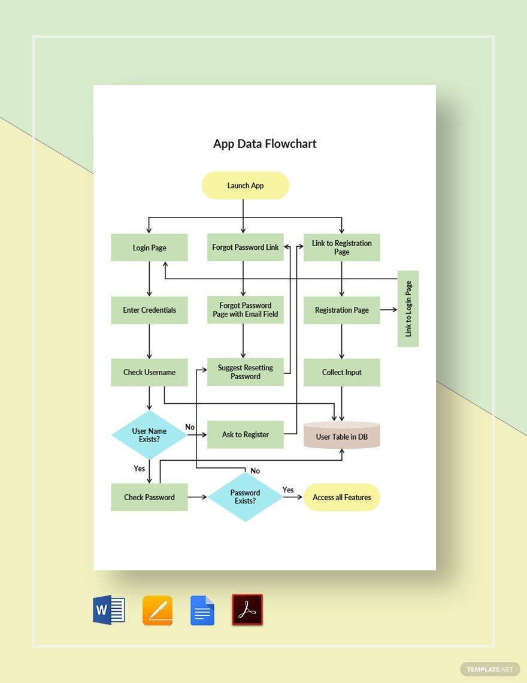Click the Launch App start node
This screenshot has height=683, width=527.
tap(246, 186)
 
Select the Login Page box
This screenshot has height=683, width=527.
tap(149, 248)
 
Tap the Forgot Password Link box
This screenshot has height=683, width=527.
tap(246, 247)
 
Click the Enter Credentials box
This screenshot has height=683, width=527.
tap(149, 310)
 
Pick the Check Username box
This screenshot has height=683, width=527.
tap(149, 372)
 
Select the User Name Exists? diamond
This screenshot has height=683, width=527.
tap(149, 435)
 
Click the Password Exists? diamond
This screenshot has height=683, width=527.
tap(246, 497)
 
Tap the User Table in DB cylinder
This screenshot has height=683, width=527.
tap(342, 436)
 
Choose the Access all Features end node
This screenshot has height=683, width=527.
tap(342, 497)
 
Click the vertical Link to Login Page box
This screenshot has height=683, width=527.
tap(408, 309)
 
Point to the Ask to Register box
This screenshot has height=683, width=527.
tap(246, 434)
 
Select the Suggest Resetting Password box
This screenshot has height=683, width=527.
tap(246, 372)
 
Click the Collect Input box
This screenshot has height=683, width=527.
tap(342, 372)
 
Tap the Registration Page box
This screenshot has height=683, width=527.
tap(342, 310)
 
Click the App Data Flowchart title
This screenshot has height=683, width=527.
tap(265, 144)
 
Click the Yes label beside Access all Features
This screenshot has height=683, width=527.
tap(288, 490)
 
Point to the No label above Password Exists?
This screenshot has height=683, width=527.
tap(255, 471)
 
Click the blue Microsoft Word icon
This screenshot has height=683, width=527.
tap(109, 611)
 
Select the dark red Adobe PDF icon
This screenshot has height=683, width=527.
tap(247, 610)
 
